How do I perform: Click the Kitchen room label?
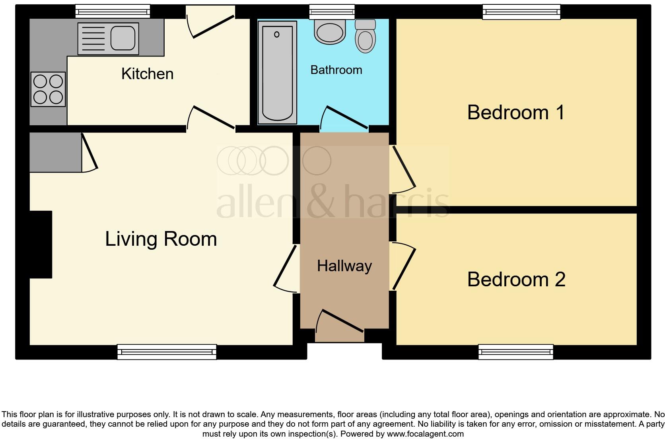[x=147, y=74]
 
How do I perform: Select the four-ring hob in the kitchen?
[x=48, y=89]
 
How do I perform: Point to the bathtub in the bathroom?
[x=277, y=72]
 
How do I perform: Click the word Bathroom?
[x=336, y=70]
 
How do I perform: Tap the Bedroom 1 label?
[x=516, y=113]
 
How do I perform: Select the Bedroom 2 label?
[x=516, y=280]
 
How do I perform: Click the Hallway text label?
[x=344, y=266]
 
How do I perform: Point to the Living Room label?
[x=161, y=239]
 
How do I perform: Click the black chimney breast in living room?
[x=41, y=244]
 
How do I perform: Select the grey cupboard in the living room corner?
[x=55, y=152]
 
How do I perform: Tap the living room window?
[x=167, y=352]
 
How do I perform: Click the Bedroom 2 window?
[x=515, y=352]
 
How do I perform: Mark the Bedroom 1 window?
[x=521, y=12]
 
